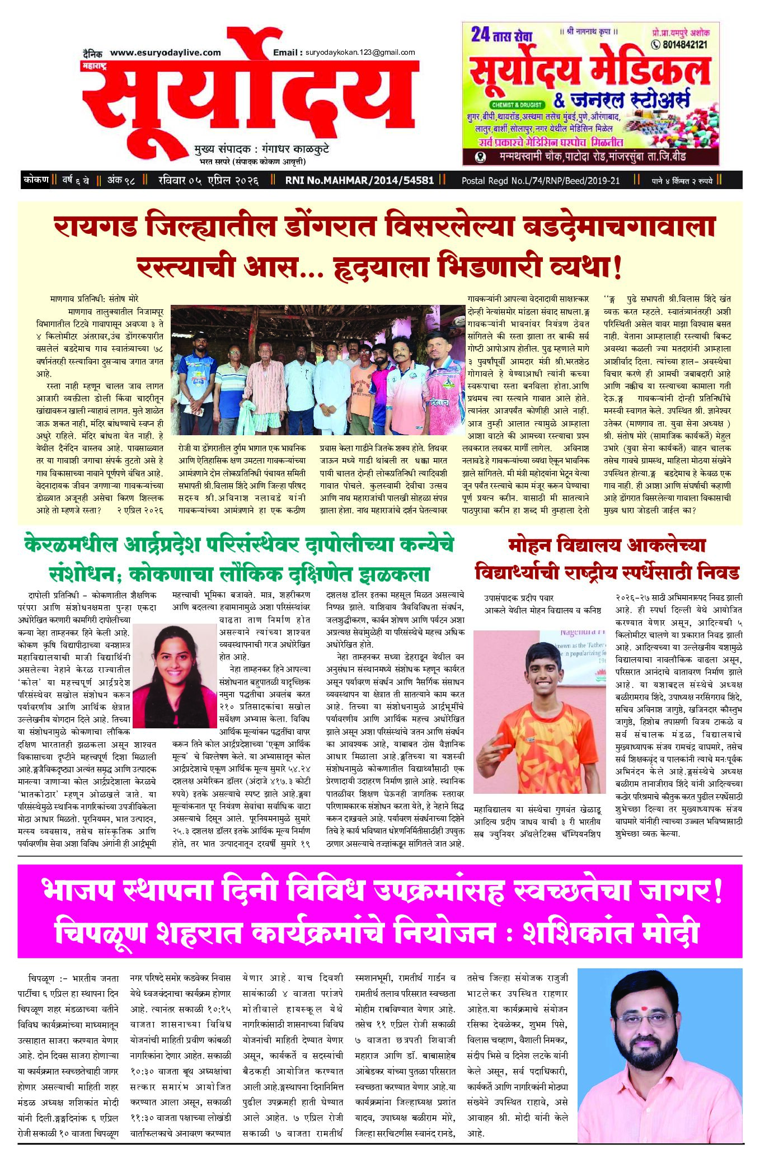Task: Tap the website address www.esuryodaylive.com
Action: point(165,53)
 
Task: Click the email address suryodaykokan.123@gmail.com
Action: point(360,53)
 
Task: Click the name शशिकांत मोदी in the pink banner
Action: point(611,934)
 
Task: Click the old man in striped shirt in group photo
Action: point(265,380)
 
